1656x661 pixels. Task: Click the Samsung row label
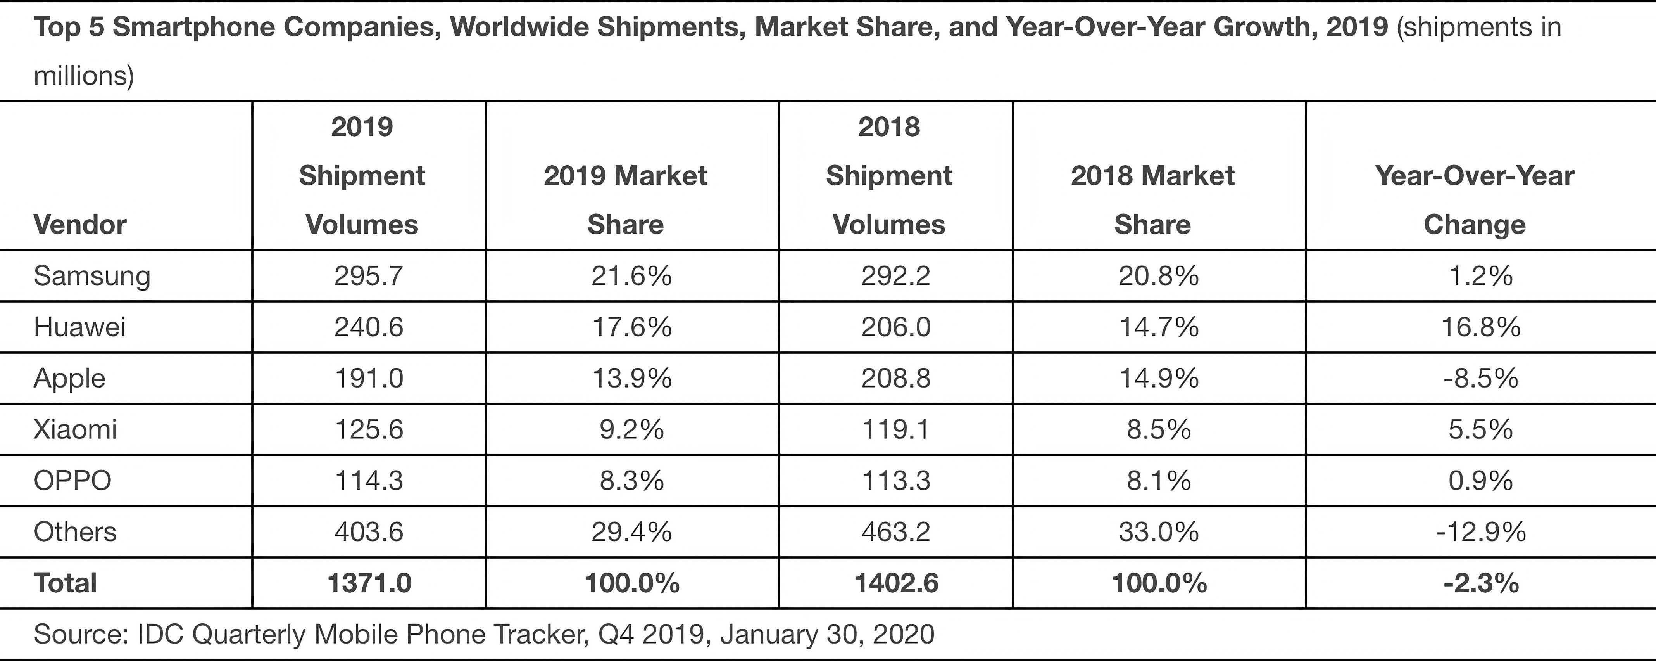click(92, 276)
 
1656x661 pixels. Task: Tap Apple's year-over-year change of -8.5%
click(1480, 378)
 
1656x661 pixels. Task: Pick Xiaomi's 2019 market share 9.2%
click(631, 429)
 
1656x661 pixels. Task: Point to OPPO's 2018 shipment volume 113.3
click(895, 480)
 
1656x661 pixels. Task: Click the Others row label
click(75, 532)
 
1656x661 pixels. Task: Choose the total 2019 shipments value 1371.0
click(369, 583)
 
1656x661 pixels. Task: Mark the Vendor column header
click(80, 224)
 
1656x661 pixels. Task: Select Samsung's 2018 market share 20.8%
click(1158, 276)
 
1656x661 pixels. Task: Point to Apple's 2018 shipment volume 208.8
click(895, 378)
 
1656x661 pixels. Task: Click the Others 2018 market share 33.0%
click(1158, 532)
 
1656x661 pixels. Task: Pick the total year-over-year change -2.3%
click(1480, 583)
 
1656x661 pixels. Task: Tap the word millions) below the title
click(84, 76)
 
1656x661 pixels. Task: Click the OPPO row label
click(72, 480)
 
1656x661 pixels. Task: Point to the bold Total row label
click(65, 583)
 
